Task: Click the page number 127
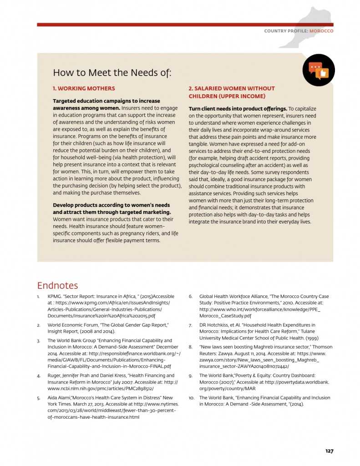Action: pos(329,451)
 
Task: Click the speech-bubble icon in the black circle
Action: pos(319,70)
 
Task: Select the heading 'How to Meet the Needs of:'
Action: pos(112,73)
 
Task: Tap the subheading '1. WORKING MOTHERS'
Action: pos(84,88)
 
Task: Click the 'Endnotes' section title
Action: pos(57,285)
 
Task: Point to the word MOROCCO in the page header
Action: pos(322,31)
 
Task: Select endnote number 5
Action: pos(39,398)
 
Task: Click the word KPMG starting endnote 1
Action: pos(54,296)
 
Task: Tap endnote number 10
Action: pos(192,398)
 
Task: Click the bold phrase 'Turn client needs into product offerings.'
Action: pos(238,109)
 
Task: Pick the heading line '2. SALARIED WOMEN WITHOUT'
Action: pos(232,88)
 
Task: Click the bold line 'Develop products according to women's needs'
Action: pos(111,205)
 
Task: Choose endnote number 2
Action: pos(39,325)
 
